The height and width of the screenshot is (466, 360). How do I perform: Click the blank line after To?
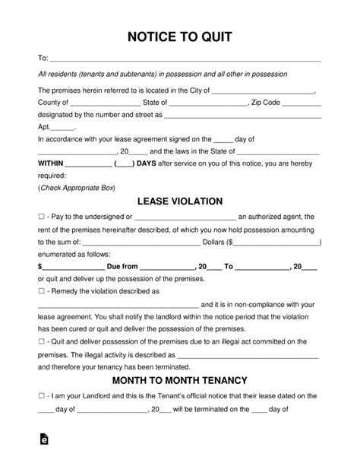pyautogui.click(x=185, y=58)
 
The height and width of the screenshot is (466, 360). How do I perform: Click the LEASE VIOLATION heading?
pyautogui.click(x=179, y=201)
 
